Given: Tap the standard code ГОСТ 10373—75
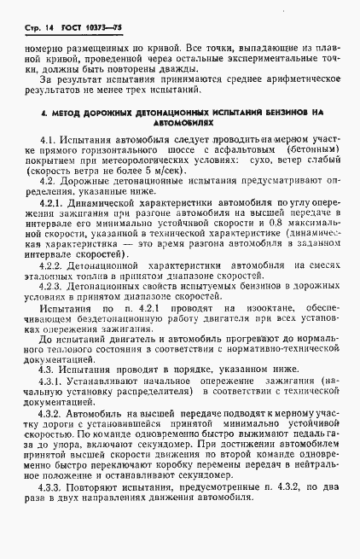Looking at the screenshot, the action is tap(79, 29).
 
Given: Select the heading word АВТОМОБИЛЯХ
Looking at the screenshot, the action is tap(179, 123).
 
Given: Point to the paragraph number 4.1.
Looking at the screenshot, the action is tap(48, 138).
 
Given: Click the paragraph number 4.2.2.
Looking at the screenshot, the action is tap(52, 289).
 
